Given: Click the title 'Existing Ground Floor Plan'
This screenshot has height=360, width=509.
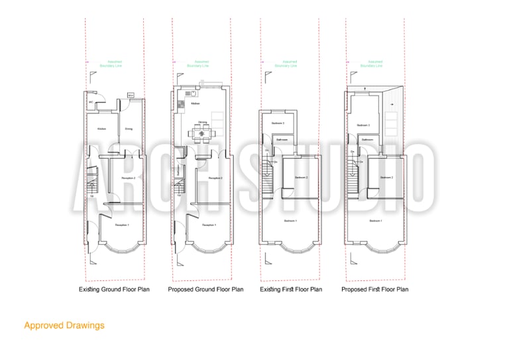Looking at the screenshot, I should [x=114, y=290].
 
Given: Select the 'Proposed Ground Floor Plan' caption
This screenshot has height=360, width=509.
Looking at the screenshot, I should [x=205, y=290].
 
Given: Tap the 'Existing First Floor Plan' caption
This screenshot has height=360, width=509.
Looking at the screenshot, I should [x=291, y=290].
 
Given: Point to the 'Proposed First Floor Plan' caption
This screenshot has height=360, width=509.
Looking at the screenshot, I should [x=374, y=290].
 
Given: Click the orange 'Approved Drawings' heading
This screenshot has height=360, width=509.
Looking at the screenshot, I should [x=64, y=326].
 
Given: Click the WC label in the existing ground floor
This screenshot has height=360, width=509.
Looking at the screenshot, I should [x=90, y=103].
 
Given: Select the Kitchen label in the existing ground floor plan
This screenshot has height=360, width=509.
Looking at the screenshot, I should [x=102, y=129].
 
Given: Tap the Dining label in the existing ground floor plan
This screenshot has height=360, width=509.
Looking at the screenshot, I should [x=129, y=129].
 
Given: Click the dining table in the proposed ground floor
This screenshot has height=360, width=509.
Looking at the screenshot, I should [x=201, y=133].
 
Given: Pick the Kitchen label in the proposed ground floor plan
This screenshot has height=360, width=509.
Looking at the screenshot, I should [x=196, y=104].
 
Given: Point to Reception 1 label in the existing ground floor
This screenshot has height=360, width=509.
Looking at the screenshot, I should [x=122, y=226].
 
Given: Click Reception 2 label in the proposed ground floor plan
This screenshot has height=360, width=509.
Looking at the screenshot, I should [x=215, y=178].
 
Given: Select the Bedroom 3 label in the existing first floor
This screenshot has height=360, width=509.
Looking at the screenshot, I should [x=278, y=123].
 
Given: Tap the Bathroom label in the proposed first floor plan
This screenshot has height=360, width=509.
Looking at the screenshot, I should [x=367, y=140].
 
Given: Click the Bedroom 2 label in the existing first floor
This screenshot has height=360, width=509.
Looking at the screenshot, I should [x=301, y=178].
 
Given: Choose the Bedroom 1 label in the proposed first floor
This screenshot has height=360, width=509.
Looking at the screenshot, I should [x=375, y=220].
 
